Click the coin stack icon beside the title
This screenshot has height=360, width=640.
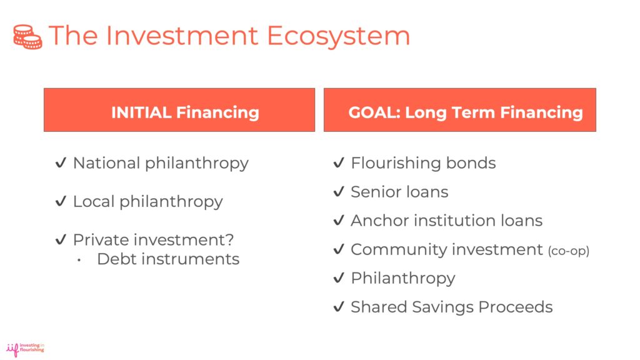(x=27, y=37)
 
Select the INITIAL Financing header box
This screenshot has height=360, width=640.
(x=179, y=110)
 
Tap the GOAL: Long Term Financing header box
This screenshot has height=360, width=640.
(x=459, y=110)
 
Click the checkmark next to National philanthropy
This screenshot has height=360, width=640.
(x=61, y=163)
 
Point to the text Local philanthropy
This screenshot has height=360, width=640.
(x=147, y=201)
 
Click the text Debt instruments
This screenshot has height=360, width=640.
(x=168, y=259)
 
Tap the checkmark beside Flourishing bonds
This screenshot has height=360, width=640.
(x=339, y=163)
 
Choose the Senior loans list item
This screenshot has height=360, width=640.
(x=399, y=192)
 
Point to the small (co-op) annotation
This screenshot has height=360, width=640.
(x=568, y=251)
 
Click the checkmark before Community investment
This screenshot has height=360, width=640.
(x=339, y=249)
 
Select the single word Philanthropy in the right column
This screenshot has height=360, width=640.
(x=402, y=278)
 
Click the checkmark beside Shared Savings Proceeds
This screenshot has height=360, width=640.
(x=339, y=307)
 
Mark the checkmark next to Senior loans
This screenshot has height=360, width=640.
(x=339, y=192)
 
